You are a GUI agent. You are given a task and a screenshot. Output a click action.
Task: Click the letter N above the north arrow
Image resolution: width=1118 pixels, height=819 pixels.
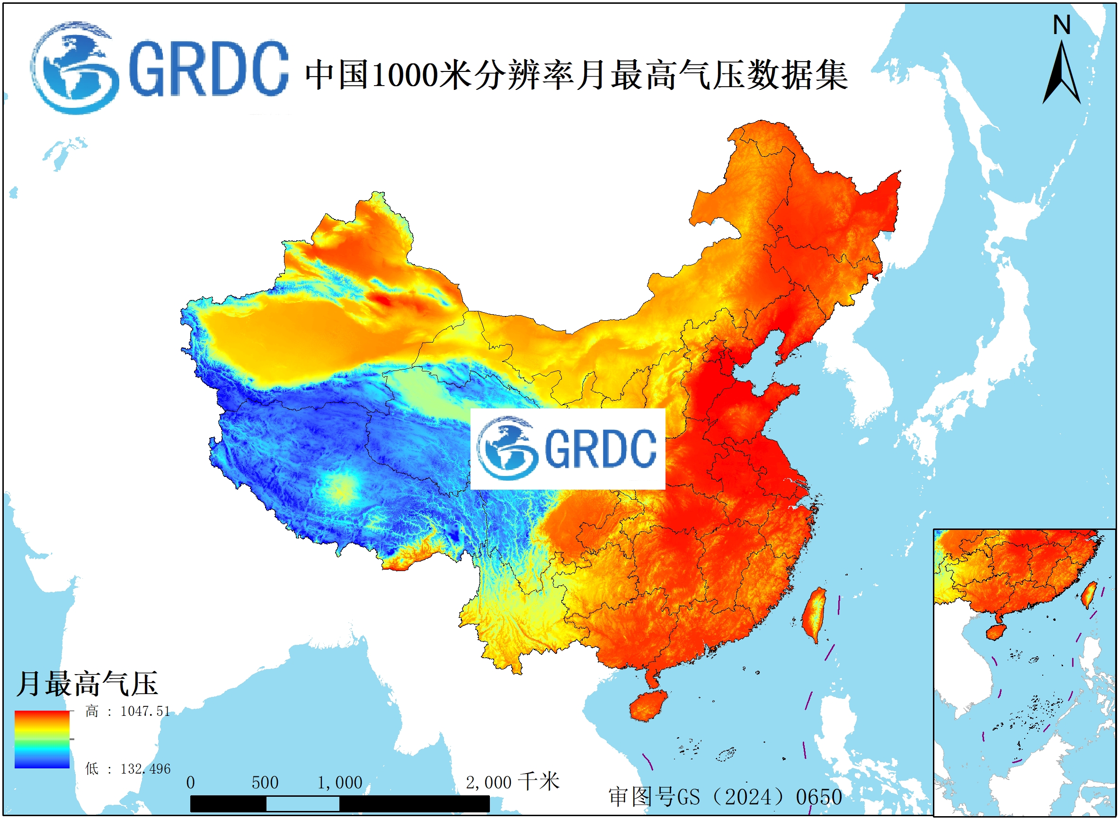click(1062, 25)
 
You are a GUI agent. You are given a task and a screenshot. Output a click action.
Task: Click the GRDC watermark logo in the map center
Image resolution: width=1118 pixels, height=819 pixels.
click(567, 449)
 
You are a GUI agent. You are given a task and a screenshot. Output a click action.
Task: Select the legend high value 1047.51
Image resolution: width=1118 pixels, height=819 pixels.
click(145, 712)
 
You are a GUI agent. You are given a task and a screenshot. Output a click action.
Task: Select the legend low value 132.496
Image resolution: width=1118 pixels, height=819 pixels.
click(145, 769)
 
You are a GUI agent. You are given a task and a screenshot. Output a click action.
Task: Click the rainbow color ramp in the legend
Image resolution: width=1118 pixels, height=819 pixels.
click(42, 739)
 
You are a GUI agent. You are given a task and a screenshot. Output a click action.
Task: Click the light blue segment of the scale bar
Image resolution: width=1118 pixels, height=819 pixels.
click(302, 804)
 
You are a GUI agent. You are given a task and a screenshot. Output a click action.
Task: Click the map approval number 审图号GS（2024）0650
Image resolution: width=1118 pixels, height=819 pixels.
click(725, 797)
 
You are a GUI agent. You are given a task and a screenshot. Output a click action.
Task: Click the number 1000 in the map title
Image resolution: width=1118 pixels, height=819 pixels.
click(405, 75)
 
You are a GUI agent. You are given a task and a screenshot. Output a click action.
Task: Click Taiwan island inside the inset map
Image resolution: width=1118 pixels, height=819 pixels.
click(1089, 594)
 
